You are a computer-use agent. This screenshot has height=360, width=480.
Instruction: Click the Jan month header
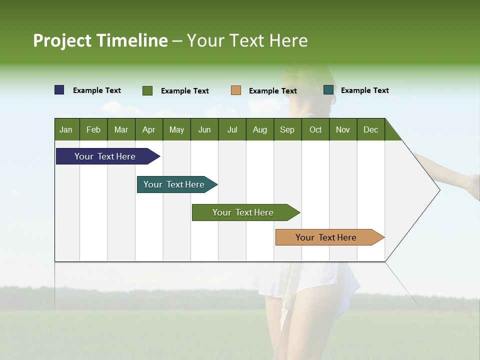(x=66, y=130)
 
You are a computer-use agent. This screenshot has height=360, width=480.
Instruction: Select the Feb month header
(x=93, y=130)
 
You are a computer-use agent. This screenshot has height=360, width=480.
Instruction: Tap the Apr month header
(x=149, y=130)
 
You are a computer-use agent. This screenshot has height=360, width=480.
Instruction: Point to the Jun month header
(x=204, y=130)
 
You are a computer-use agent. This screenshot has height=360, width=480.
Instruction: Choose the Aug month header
(x=260, y=130)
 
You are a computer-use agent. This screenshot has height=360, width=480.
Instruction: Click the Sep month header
(x=287, y=130)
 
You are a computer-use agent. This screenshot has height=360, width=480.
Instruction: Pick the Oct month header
(x=315, y=130)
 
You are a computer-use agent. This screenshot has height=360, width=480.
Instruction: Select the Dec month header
(x=371, y=130)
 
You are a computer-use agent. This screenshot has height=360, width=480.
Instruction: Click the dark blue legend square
(x=59, y=90)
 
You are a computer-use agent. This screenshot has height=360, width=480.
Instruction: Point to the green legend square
(x=147, y=90)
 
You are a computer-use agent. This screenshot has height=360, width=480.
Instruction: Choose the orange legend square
(x=236, y=90)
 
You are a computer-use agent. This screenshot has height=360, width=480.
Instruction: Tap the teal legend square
(x=328, y=90)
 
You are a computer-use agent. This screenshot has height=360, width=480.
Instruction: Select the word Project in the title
(x=62, y=40)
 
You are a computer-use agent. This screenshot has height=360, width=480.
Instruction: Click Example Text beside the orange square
(x=272, y=91)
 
